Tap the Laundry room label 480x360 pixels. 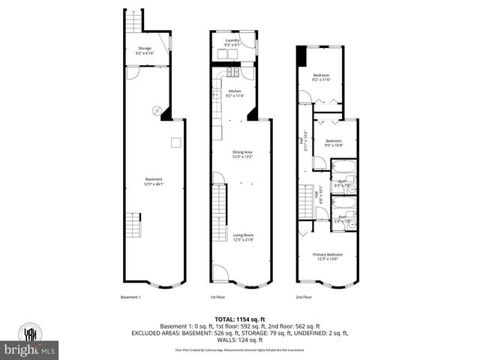(x=233, y=40)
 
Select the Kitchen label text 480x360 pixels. (x=235, y=91)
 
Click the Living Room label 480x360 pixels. (x=242, y=235)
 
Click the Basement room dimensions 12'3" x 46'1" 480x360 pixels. (x=154, y=183)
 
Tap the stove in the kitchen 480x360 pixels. (x=232, y=72)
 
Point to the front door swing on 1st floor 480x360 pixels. (x=217, y=271)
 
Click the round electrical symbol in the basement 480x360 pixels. (x=157, y=110)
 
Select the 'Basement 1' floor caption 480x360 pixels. (x=131, y=297)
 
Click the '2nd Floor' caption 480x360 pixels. (x=304, y=297)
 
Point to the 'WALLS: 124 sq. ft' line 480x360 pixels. (x=240, y=342)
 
